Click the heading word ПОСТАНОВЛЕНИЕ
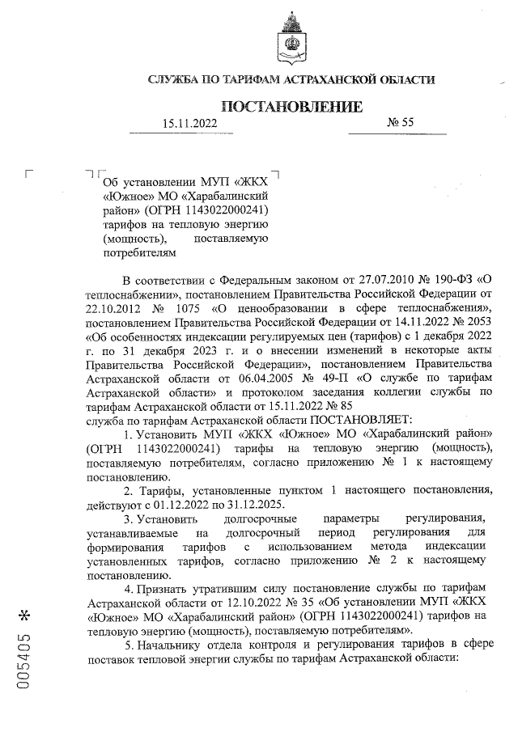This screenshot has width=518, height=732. coord(292,107)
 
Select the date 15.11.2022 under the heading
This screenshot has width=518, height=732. coord(189,123)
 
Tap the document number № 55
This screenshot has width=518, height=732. coord(401,122)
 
